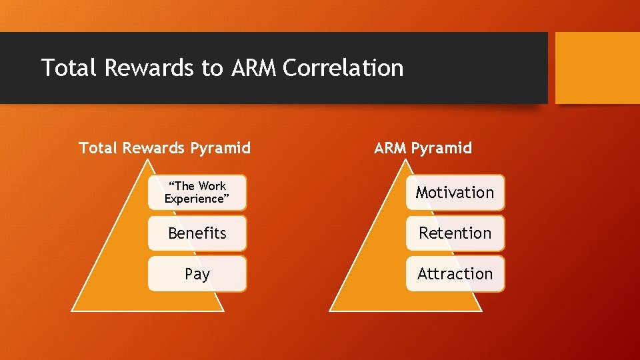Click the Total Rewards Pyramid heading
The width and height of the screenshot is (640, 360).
point(165,148)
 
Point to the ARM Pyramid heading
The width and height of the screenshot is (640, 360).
point(423,148)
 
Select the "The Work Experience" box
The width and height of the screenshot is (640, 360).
point(197,193)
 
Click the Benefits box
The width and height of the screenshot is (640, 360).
point(197,233)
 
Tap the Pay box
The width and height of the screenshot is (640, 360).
point(197,274)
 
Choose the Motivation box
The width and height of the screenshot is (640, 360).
point(455,193)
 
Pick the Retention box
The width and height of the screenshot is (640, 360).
point(455,233)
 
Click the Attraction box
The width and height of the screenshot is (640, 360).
point(455,274)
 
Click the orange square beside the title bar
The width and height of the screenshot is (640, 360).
point(597,68)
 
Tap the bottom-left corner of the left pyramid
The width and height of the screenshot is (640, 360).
point(73,311)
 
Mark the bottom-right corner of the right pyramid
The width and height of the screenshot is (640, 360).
point(481,311)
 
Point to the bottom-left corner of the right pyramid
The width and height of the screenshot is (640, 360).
point(331,311)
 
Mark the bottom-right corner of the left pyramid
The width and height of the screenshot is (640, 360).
point(223,311)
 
